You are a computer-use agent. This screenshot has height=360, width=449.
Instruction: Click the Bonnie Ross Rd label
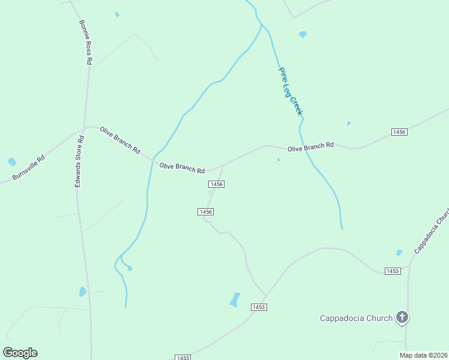[x=85, y=42]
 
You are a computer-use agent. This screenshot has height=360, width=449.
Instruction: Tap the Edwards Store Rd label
[x=79, y=161]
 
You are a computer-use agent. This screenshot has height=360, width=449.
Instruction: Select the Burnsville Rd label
[x=29, y=169]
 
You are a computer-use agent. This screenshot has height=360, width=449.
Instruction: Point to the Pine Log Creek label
[x=291, y=91]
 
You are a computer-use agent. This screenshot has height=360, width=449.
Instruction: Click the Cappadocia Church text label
[x=356, y=318]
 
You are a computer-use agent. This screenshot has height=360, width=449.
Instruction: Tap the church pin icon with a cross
[x=402, y=317]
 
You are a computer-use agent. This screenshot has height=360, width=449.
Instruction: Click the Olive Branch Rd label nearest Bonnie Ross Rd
[x=120, y=140]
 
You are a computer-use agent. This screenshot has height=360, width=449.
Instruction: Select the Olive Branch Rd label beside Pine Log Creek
[x=310, y=147]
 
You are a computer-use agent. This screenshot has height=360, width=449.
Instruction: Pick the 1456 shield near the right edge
[x=399, y=132]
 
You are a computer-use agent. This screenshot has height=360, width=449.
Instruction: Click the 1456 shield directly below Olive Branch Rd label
[x=217, y=184]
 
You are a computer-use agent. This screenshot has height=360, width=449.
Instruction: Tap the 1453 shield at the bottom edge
[x=183, y=358]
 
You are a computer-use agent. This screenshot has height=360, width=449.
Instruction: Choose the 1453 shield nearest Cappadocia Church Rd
[x=393, y=271]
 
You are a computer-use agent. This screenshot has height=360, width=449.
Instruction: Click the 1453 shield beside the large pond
[x=258, y=307]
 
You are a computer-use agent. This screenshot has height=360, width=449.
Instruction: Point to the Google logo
[x=20, y=353]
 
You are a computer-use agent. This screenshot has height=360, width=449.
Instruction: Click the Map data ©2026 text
[x=424, y=355]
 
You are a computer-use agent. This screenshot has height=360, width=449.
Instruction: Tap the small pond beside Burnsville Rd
[x=12, y=161]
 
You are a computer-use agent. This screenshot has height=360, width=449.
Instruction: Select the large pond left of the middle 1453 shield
[x=235, y=299]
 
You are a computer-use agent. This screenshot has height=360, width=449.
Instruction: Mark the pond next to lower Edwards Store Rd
[x=83, y=292]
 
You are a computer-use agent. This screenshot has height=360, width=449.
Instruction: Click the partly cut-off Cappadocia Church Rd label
[x=432, y=232]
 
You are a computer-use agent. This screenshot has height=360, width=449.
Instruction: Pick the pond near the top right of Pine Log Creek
[x=303, y=34]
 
